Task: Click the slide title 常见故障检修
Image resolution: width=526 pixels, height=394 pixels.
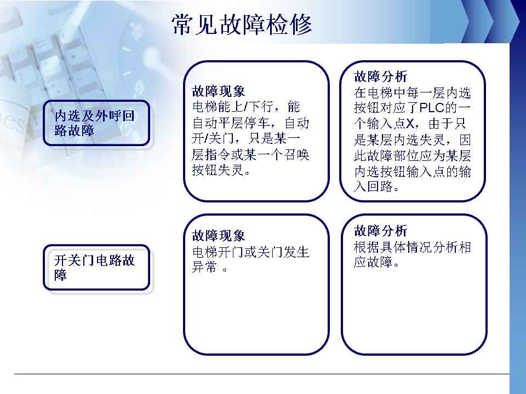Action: click(242, 25)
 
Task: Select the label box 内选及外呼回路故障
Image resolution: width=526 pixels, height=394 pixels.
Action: click(96, 123)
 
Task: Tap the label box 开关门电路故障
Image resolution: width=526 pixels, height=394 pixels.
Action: click(96, 268)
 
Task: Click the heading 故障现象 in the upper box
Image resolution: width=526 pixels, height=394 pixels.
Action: click(219, 91)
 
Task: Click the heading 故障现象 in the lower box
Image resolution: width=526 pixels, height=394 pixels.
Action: click(219, 235)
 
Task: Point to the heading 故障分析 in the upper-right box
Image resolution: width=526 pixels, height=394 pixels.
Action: click(380, 77)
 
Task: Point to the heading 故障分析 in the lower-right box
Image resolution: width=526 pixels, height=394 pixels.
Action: click(380, 230)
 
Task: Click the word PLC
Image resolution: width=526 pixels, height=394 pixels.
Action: click(432, 108)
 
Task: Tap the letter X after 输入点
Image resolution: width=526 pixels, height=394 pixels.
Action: click(410, 124)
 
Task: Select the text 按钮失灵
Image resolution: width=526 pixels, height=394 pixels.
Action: click(218, 170)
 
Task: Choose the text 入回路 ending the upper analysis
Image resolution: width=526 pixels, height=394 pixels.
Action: click(373, 187)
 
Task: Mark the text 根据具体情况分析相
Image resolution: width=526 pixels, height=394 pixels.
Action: click(412, 247)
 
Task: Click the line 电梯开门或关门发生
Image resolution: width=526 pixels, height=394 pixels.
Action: click(250, 252)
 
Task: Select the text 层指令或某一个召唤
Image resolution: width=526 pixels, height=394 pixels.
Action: click(250, 154)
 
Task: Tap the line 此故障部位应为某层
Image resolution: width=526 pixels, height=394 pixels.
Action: click(412, 155)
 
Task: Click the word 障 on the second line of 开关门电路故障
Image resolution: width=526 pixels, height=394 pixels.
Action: click(61, 275)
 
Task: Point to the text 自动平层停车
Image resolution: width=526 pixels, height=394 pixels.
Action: click(231, 123)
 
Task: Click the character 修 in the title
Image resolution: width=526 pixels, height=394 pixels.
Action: click(301, 25)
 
